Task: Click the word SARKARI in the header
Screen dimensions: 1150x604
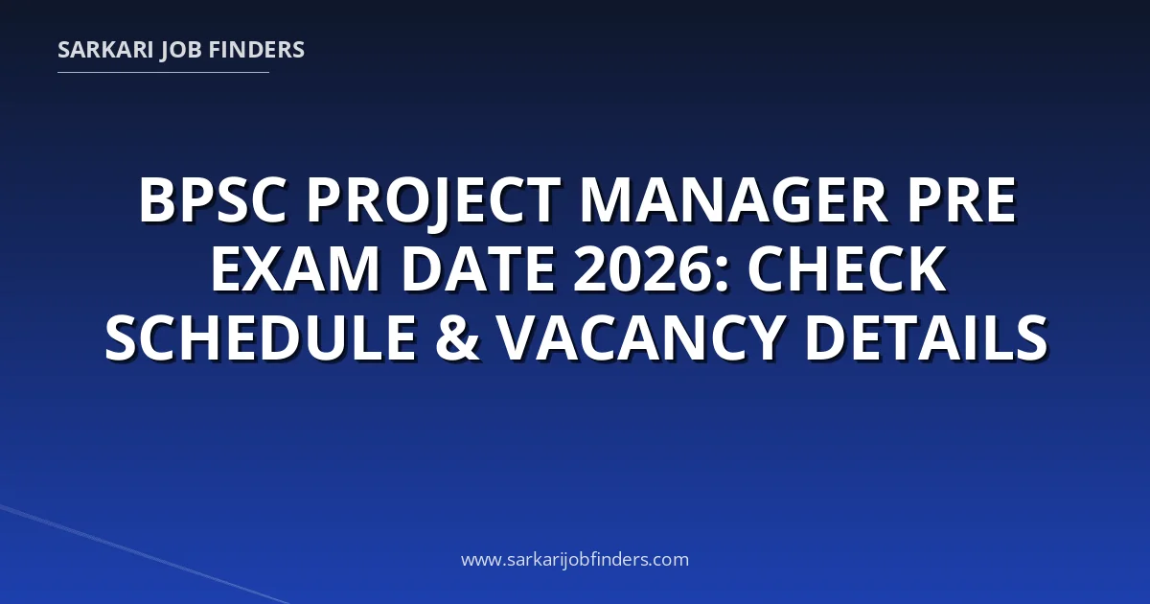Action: click(x=105, y=50)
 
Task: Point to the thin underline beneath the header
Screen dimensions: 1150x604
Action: click(x=163, y=73)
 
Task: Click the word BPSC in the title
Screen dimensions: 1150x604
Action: click(x=212, y=199)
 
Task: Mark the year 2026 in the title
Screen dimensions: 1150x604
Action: click(x=644, y=268)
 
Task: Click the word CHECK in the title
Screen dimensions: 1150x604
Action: click(x=846, y=268)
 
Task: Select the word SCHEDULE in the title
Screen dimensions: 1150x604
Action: click(x=261, y=337)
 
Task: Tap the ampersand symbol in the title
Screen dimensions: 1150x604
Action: click(x=458, y=337)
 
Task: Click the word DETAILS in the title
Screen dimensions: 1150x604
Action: click(x=926, y=337)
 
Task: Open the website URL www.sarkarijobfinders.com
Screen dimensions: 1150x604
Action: click(x=575, y=560)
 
